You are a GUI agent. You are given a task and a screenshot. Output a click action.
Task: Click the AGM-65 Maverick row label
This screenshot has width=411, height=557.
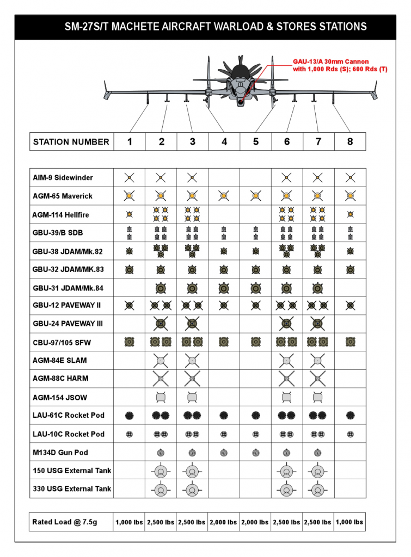point(63,196)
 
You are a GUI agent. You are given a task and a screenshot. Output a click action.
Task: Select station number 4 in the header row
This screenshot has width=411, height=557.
point(224,142)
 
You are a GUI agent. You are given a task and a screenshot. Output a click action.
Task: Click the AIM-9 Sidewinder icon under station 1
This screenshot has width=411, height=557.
point(129,177)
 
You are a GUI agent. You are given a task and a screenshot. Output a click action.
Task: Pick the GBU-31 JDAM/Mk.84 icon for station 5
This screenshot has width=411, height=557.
point(255,288)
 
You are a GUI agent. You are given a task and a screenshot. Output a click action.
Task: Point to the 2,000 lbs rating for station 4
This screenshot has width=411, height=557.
point(224,522)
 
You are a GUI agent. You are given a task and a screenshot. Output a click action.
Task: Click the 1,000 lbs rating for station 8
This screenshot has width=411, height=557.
point(349,522)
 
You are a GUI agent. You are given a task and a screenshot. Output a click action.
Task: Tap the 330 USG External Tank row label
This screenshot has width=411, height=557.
point(72,488)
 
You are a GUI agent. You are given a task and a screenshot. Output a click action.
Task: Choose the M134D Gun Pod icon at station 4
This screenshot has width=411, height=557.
point(223,452)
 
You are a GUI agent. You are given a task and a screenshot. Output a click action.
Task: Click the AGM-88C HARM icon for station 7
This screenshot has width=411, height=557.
point(318,378)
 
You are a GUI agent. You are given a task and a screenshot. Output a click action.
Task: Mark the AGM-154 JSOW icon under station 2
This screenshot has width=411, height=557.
point(161,397)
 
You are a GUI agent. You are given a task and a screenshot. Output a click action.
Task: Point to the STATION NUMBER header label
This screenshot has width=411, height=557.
point(71,142)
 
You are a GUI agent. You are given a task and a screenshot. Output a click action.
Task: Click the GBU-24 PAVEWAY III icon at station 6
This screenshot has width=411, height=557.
point(286,324)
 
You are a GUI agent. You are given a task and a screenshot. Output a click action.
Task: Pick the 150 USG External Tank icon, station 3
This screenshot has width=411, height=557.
point(192,471)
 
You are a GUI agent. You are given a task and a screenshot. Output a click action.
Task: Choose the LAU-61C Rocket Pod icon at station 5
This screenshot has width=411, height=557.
point(255,416)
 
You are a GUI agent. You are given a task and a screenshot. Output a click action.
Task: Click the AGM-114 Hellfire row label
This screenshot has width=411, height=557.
point(60,215)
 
